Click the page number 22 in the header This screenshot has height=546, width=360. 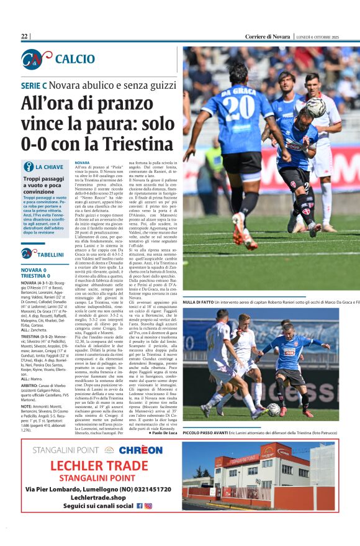(x=25, y=37)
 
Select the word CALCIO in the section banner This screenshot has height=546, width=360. (x=74, y=60)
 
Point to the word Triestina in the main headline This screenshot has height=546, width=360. (x=140, y=143)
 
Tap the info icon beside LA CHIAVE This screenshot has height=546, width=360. (x=29, y=167)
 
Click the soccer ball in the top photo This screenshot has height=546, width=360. (x=315, y=107)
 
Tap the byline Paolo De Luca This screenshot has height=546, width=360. (x=163, y=432)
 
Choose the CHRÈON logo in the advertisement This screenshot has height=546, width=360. (x=140, y=450)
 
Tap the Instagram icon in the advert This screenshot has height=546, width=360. (x=148, y=506)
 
